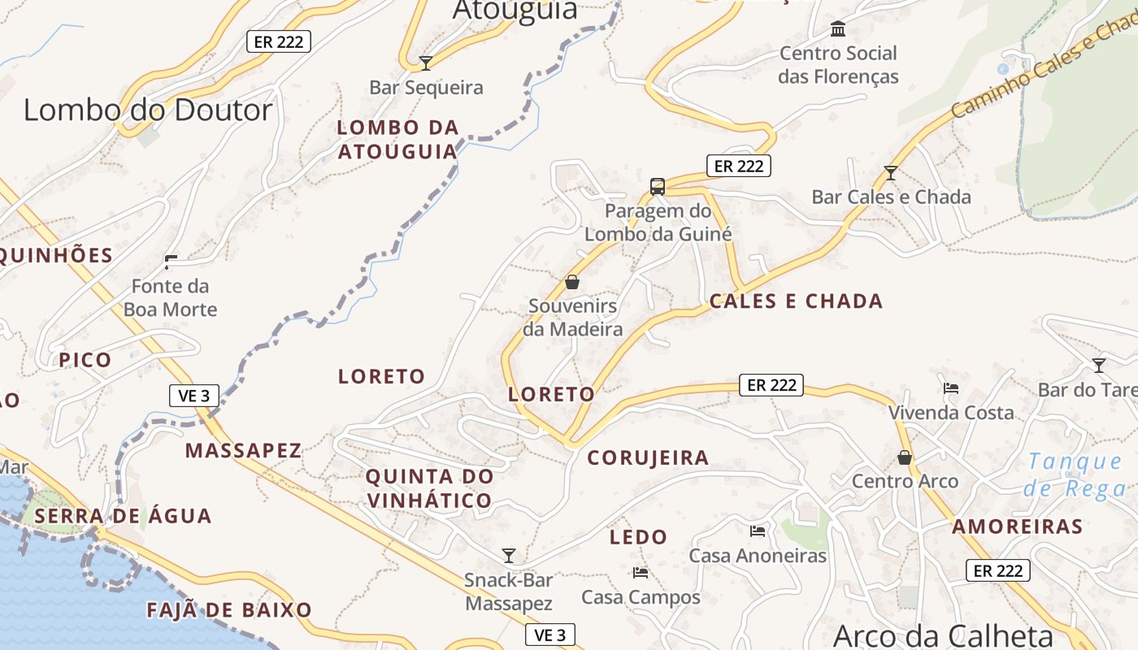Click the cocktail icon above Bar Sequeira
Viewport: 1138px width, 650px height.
[425, 63]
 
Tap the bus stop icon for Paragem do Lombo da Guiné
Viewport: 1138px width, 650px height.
[658, 187]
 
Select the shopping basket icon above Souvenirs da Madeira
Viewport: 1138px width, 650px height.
[572, 282]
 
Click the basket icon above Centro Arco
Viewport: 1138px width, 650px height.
[905, 457]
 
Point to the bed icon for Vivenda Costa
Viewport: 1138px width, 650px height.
[951, 388]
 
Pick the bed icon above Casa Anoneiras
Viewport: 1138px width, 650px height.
[758, 531]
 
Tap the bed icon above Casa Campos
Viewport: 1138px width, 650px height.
[641, 573]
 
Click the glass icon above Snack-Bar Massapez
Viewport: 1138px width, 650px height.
[509, 556]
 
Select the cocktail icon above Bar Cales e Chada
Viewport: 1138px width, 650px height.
[891, 173]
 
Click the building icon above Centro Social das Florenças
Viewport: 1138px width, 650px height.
[838, 30]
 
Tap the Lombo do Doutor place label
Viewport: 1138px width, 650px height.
[148, 110]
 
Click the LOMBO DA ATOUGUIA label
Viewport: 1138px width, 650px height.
[397, 140]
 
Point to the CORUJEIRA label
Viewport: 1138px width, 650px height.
[648, 457]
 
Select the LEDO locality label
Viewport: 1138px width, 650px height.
[638, 537]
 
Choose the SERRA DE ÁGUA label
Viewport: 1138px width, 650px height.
[123, 516]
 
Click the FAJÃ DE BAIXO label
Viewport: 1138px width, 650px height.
[229, 610]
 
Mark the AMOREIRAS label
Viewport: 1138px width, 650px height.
[1017, 526]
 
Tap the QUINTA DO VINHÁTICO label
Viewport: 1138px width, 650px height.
[429, 488]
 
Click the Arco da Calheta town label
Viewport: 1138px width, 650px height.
[943, 635]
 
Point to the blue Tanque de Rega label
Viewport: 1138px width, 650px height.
[1075, 475]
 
